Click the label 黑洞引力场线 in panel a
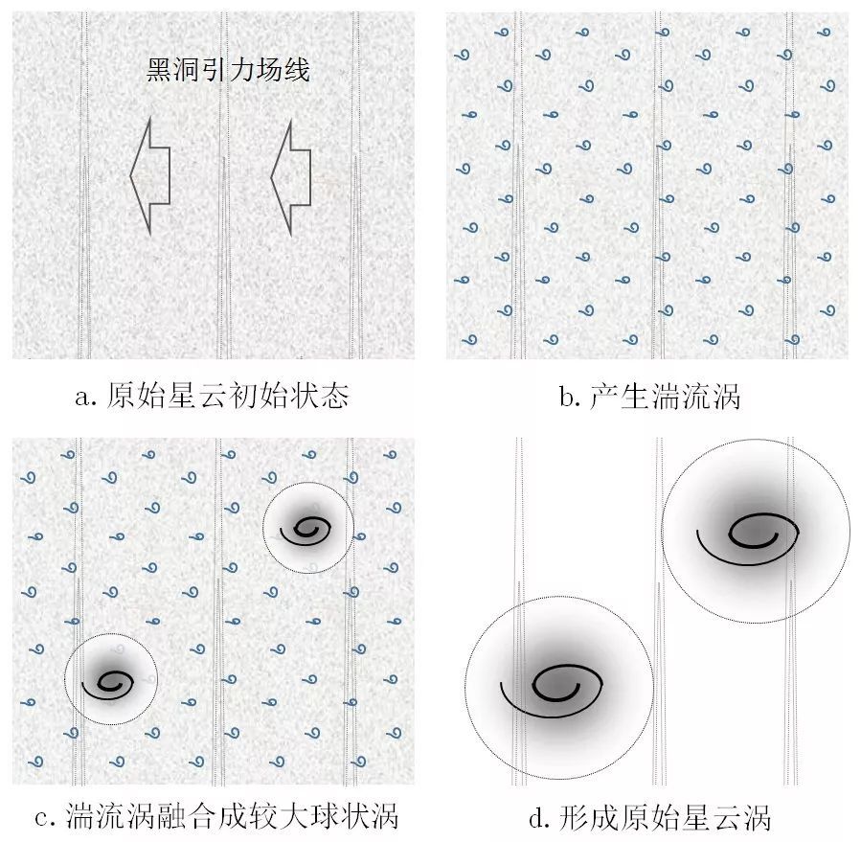[228, 70]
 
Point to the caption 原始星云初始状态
[227, 396]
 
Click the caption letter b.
[566, 396]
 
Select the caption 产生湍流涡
[665, 396]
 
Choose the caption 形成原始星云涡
[665, 817]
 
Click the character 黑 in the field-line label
[159, 70]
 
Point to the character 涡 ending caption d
[758, 817]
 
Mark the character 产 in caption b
[603, 396]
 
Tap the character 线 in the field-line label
[297, 70]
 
